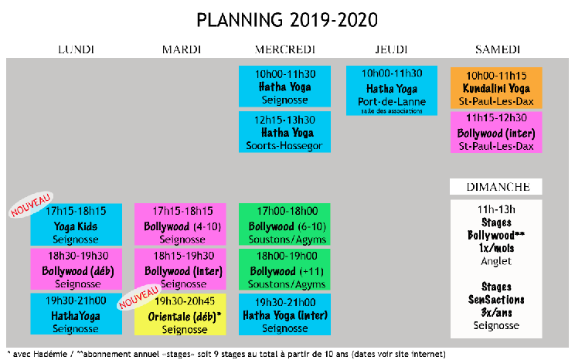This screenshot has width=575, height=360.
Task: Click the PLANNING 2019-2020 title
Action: pos(287,20)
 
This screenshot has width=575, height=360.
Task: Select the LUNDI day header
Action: pos(77,49)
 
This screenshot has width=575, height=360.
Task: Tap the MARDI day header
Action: pos(182,49)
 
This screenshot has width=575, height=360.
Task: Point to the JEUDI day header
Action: pos(391,49)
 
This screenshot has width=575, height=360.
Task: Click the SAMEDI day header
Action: pos(498,49)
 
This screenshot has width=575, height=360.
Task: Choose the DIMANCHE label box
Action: pos(496,187)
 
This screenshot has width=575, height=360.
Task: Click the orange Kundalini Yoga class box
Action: pos(496,88)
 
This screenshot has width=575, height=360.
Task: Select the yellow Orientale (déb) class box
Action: pos(180,314)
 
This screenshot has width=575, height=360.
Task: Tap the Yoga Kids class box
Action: pos(77,224)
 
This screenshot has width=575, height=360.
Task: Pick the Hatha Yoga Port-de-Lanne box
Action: pos(392,90)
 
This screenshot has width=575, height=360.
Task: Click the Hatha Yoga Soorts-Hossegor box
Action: pos(284,132)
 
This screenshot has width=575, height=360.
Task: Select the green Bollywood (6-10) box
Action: pos(284,224)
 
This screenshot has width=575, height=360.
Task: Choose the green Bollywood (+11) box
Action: pos(284,270)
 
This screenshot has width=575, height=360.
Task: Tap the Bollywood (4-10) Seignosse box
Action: pos(180,224)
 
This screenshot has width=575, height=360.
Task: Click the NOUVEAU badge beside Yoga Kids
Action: pos(31,205)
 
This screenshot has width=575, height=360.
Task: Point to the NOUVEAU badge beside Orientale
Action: pos(139,297)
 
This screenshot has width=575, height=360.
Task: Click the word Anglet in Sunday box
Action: pos(496,261)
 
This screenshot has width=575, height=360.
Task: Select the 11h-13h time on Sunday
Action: pos(496,209)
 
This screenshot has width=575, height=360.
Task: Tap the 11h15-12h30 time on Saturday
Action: pos(496,117)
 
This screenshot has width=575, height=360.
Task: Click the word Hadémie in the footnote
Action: pos(50,354)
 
